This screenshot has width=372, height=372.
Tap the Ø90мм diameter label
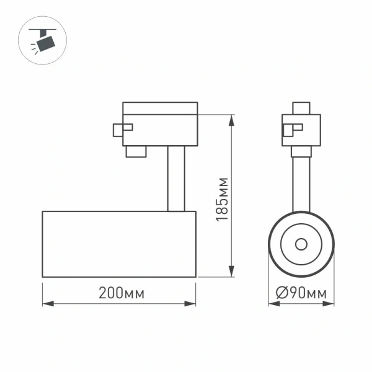tap(301, 294)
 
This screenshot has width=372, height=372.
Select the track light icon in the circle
tap(44, 40)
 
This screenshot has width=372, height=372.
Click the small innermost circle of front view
tap(301, 244)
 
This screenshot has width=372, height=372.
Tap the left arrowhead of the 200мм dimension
tap(46, 304)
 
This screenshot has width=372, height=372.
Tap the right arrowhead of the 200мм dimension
tap(192, 304)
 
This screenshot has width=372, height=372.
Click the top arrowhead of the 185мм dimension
tap(232, 118)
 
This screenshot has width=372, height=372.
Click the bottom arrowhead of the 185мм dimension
tap(232, 272)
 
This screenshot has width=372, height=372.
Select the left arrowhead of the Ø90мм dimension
tap(272, 304)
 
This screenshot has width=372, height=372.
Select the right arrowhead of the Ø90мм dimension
tap(330, 304)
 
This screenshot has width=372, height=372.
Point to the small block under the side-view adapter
tap(136, 151)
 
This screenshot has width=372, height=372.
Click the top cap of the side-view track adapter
tap(160, 108)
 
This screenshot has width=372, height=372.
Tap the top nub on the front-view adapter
tap(301, 108)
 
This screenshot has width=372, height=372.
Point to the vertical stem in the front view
tap(301, 183)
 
